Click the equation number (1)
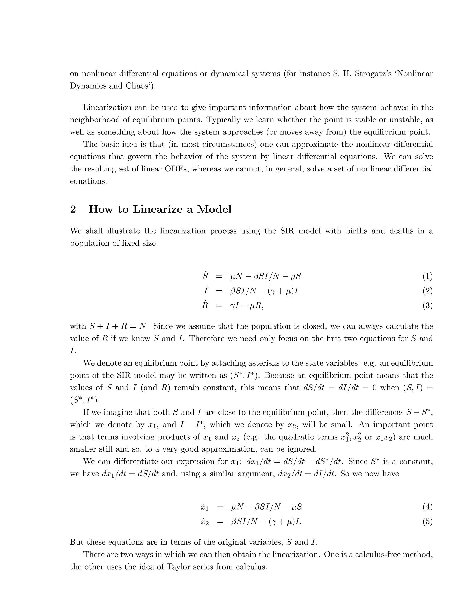pyautogui.click(x=427, y=277)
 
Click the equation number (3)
pyautogui.click(x=427, y=306)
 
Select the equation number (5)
pyautogui.click(x=427, y=522)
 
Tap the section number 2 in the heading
pyautogui.click(x=73, y=209)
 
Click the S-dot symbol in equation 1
pyautogui.click(x=205, y=276)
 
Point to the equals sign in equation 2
pyautogui.click(x=219, y=291)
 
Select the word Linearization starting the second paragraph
pyautogui.click(x=107, y=108)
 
